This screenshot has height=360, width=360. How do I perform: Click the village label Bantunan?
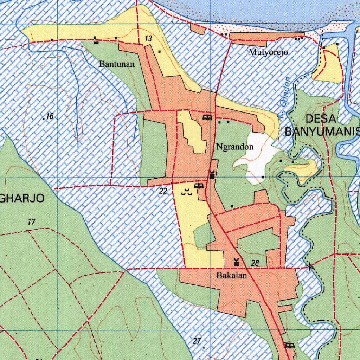(117, 64)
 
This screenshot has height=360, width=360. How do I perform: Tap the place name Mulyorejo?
(268, 53)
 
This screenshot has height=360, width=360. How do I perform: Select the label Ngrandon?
(235, 147)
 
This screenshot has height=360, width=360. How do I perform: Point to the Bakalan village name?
(231, 276)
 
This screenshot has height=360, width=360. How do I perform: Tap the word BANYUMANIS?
(322, 132)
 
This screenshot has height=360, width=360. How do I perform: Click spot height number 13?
(148, 39)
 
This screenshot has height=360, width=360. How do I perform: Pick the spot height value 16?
(49, 116)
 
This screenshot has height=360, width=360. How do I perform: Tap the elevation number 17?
(31, 222)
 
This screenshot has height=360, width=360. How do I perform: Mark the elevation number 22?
(163, 191)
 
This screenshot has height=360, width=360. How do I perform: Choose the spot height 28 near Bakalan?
(255, 263)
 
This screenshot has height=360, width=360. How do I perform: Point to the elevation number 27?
(197, 341)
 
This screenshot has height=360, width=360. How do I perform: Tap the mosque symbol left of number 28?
(236, 262)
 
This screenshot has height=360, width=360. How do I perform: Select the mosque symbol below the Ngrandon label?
(212, 174)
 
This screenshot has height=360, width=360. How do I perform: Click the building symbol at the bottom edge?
(290, 345)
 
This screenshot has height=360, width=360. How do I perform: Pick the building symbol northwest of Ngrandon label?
(207, 117)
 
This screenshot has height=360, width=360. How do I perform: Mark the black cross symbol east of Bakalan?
(310, 267)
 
